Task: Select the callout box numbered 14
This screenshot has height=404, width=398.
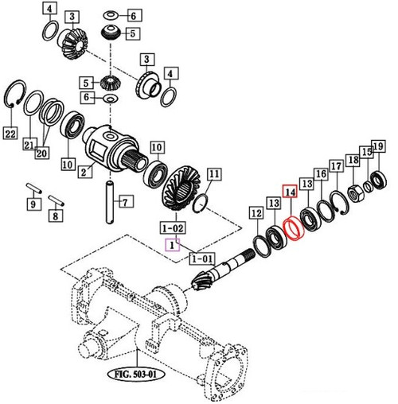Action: (290, 192)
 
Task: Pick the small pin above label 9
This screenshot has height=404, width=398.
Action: (33, 188)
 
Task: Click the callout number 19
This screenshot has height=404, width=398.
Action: (378, 146)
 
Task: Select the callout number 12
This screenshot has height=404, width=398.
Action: (255, 213)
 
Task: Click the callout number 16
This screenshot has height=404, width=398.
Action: (320, 174)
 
